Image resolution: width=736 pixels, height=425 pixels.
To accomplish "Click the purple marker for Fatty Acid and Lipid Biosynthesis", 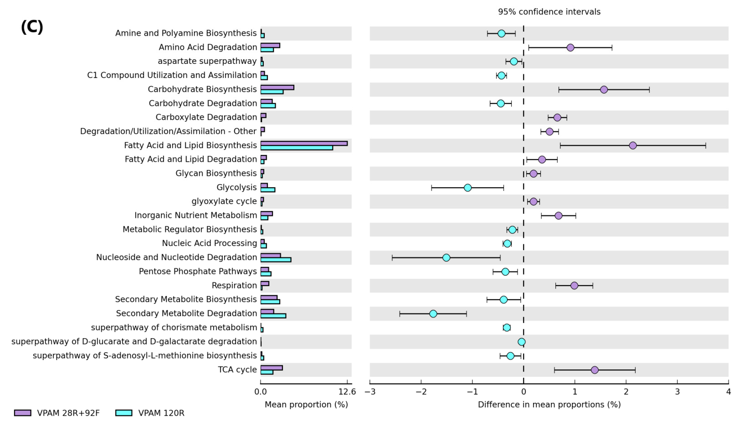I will [633, 145].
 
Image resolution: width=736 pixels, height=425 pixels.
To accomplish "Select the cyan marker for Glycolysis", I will [467, 188].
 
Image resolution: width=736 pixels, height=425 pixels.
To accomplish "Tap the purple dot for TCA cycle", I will [594, 370].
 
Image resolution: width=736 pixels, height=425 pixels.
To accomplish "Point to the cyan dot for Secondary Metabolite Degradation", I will [433, 314].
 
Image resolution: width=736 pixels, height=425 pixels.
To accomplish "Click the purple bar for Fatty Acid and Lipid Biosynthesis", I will [304, 143].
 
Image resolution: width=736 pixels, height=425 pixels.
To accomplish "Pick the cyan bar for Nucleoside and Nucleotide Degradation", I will [276, 260].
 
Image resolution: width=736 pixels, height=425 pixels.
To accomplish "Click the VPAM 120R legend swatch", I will [124, 413].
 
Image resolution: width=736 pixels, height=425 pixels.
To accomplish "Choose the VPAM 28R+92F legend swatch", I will [23, 413].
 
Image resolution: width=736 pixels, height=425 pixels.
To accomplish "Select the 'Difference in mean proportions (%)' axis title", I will [549, 404].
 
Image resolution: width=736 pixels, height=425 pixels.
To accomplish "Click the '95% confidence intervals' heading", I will [549, 12].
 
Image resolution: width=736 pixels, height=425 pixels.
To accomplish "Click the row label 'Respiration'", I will [234, 285].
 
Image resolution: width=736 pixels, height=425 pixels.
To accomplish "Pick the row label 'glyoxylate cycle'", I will [224, 201].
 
